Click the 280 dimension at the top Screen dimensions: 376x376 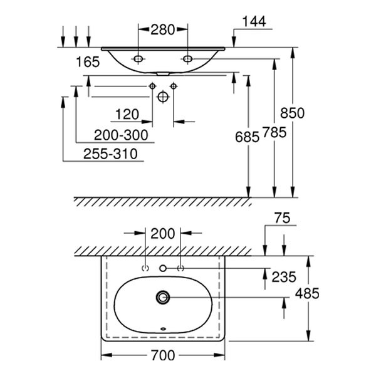tap(162, 29)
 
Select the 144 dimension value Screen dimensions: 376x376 tap(253, 21)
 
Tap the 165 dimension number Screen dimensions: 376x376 tap(87, 61)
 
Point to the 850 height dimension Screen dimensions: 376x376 tap(293, 113)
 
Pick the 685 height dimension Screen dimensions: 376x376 tap(248, 136)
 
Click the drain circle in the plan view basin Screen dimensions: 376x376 tap(164, 296)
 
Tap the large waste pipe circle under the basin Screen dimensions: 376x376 tap(163, 97)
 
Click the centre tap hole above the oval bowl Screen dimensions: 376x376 tap(163, 268)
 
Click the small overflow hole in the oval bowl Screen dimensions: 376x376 tap(163, 328)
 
